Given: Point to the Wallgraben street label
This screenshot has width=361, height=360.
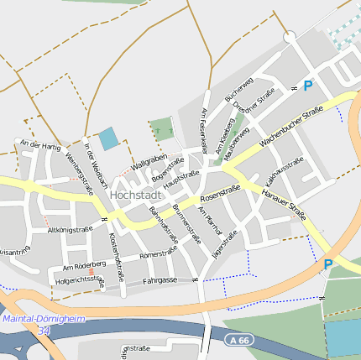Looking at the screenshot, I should point(149,159).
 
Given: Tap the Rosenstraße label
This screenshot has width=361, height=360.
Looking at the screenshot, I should point(221,195).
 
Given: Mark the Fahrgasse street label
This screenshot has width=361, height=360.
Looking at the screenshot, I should point(160,281).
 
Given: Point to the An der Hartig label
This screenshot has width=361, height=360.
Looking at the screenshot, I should point(40,145).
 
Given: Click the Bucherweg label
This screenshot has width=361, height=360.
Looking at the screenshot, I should point(239,91).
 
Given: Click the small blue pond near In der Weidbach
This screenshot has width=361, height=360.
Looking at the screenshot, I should point(109,138).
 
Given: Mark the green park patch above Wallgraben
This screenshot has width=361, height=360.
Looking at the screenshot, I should point(161,128).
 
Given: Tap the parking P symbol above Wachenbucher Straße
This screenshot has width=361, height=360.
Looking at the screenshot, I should point(307,86).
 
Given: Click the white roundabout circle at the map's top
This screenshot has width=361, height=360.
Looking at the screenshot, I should point(290,37).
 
